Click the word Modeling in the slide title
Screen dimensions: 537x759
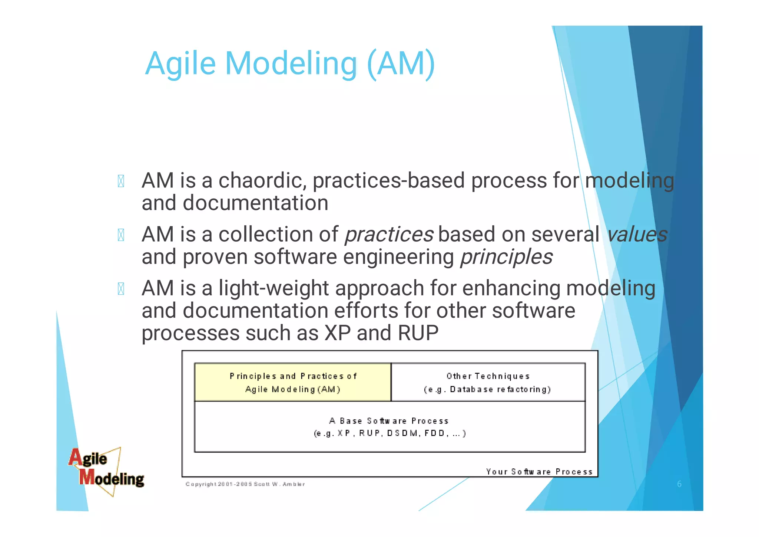click(291, 64)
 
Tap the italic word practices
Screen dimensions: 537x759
click(389, 235)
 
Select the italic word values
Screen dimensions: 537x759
click(636, 235)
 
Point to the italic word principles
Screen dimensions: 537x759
click(506, 257)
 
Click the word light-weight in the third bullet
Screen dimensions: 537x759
click(274, 288)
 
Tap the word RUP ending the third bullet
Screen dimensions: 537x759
click(418, 333)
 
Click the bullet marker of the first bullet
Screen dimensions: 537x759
click(121, 181)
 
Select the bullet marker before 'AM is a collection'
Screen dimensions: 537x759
click(121, 235)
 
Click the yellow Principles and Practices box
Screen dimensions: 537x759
click(293, 382)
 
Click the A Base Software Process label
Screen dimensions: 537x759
click(389, 421)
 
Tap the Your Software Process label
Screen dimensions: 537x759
click(539, 472)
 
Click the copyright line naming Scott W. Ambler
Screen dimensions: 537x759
click(245, 484)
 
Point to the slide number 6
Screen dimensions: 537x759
click(679, 484)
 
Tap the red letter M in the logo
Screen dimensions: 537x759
click(87, 477)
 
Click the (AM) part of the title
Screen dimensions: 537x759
click(401, 64)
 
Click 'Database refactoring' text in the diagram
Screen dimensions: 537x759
click(500, 389)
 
